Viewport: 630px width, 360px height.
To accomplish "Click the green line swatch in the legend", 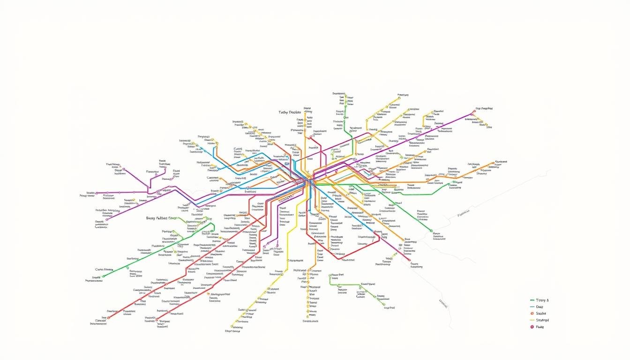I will (532, 300).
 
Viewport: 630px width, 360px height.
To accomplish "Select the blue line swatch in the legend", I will (532, 307).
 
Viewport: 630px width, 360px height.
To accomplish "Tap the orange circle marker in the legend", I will (532, 313).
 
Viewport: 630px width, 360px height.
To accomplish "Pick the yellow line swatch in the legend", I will (532, 320).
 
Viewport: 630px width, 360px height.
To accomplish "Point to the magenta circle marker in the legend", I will (532, 327).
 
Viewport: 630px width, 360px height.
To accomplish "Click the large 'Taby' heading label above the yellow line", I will (289, 112).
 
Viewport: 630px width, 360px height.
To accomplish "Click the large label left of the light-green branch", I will (162, 218).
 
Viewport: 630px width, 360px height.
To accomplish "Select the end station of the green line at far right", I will (431, 230).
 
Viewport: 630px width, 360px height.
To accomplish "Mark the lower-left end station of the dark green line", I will (104, 276).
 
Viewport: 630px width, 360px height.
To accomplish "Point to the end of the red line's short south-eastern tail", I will (409, 260).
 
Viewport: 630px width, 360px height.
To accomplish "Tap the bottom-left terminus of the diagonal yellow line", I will (232, 327).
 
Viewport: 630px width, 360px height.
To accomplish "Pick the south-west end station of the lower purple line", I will (107, 219).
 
